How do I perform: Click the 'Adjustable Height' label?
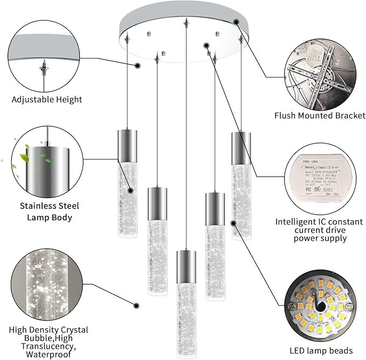click(47, 99)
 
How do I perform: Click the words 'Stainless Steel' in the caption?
click(50, 206)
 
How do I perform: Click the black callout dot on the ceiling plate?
click(236, 21)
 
